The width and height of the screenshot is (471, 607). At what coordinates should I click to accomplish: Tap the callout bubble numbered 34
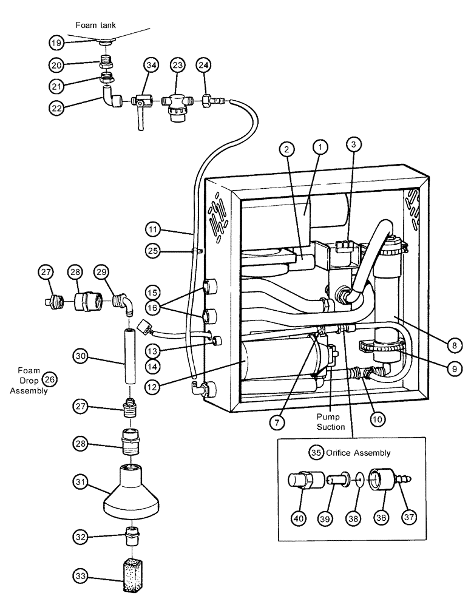point(152,66)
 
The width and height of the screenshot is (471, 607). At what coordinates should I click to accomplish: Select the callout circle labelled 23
point(177,66)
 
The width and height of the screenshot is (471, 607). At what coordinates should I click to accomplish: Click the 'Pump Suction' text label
point(330,422)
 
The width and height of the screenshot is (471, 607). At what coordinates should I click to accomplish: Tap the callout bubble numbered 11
point(154,229)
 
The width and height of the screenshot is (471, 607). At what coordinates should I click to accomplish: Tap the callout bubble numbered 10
point(378,418)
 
